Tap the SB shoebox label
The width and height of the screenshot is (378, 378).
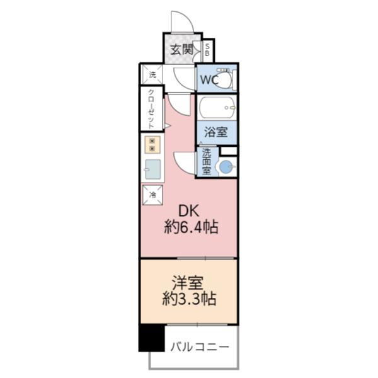[x=208, y=50]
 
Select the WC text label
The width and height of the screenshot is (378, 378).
[x=209, y=80]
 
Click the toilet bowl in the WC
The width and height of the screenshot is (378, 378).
[x=225, y=79]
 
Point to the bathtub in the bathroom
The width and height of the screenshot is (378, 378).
[x=217, y=108]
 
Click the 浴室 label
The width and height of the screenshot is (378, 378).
[x=216, y=133]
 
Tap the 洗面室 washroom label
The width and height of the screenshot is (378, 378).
[x=206, y=162]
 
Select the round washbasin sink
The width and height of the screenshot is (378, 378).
[x=225, y=167]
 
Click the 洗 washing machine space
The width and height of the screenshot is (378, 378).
[x=152, y=74]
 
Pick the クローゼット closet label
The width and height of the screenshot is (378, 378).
[x=152, y=108]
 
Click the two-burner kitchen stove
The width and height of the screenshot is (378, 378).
[x=152, y=144]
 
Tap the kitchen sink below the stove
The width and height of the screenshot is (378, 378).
[x=152, y=169]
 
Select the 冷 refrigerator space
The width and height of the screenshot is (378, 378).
[x=152, y=195]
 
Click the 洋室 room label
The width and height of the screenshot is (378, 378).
[x=190, y=282]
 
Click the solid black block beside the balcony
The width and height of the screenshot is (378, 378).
[x=151, y=338]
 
